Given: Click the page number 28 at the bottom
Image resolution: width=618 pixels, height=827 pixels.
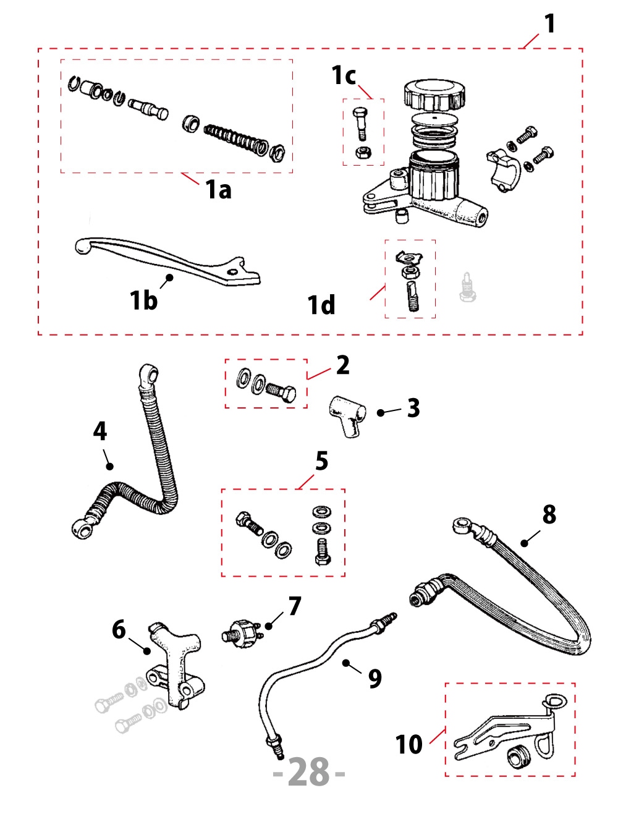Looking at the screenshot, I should point(309,773).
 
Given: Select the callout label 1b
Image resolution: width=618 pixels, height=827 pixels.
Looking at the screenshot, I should point(143,300).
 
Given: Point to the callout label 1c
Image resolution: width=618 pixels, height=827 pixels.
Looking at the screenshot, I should point(344,75).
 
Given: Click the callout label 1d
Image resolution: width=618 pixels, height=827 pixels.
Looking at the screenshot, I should point(321,305).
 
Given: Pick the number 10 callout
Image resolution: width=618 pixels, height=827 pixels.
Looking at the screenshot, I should point(408,744).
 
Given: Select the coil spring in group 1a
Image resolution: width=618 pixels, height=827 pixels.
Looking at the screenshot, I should point(235,138).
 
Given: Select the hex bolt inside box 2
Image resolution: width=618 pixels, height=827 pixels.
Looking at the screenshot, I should point(281,391).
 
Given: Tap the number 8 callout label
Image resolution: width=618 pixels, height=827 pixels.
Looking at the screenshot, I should point(549,514).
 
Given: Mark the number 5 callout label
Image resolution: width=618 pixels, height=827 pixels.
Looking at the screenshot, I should point(321,461).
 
